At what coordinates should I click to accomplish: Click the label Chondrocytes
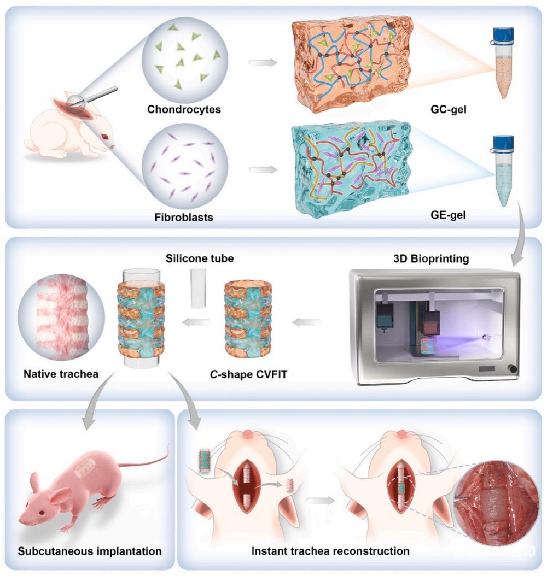click(x=184, y=109)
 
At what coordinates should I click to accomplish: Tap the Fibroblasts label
click(x=184, y=218)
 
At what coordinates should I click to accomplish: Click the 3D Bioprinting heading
click(x=439, y=259)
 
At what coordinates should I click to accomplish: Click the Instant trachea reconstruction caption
click(x=331, y=551)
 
